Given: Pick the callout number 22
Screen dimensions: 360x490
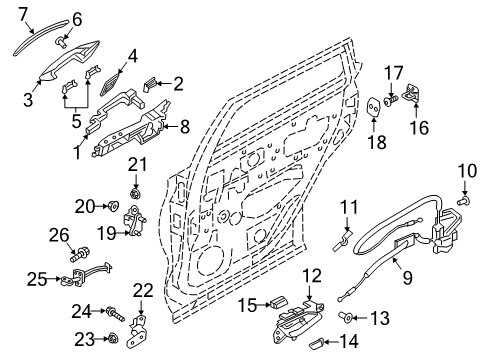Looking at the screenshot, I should pos(143,290).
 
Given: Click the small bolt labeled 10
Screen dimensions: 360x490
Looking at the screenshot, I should pos(463,203).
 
